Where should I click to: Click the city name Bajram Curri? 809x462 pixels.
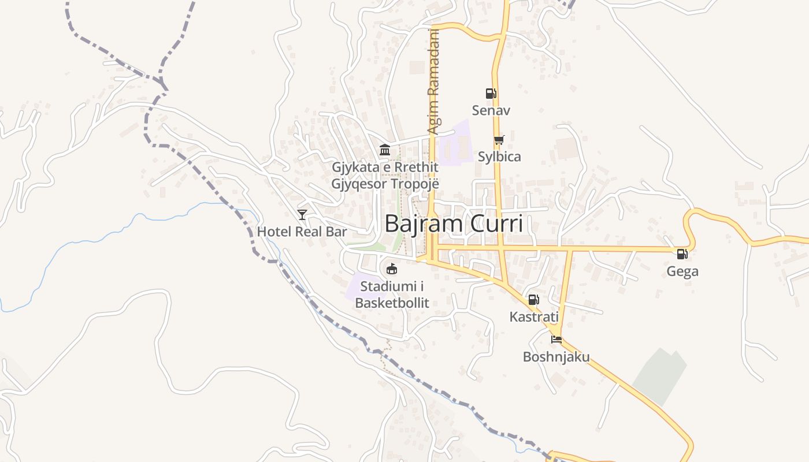pyautogui.click(x=454, y=223)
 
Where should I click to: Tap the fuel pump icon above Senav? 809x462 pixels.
pyautogui.click(x=491, y=93)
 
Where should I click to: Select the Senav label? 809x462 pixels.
pyautogui.click(x=491, y=110)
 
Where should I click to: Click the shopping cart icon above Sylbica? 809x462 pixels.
pyautogui.click(x=499, y=140)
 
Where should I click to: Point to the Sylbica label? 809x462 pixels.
pyautogui.click(x=499, y=157)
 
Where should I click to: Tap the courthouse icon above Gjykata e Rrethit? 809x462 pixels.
pyautogui.click(x=385, y=150)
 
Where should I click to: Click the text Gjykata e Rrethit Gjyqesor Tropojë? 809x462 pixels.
pyautogui.click(x=385, y=176)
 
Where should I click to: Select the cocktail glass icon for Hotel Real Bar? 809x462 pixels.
pyautogui.click(x=302, y=215)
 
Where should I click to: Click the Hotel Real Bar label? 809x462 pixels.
pyautogui.click(x=302, y=232)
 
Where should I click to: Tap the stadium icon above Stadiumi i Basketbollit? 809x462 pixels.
pyautogui.click(x=392, y=269)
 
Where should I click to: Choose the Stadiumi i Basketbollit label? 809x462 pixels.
pyautogui.click(x=392, y=294)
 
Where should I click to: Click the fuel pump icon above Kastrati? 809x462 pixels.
pyautogui.click(x=533, y=300)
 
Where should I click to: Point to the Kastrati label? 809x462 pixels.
pyautogui.click(x=533, y=316)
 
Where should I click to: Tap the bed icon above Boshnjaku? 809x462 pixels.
pyautogui.click(x=556, y=340)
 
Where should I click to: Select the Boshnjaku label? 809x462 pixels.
pyautogui.click(x=556, y=356)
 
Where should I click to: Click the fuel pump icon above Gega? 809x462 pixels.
pyautogui.click(x=682, y=254)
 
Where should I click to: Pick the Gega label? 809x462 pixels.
pyautogui.click(x=682, y=271)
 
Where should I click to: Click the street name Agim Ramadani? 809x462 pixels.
pyautogui.click(x=433, y=82)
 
